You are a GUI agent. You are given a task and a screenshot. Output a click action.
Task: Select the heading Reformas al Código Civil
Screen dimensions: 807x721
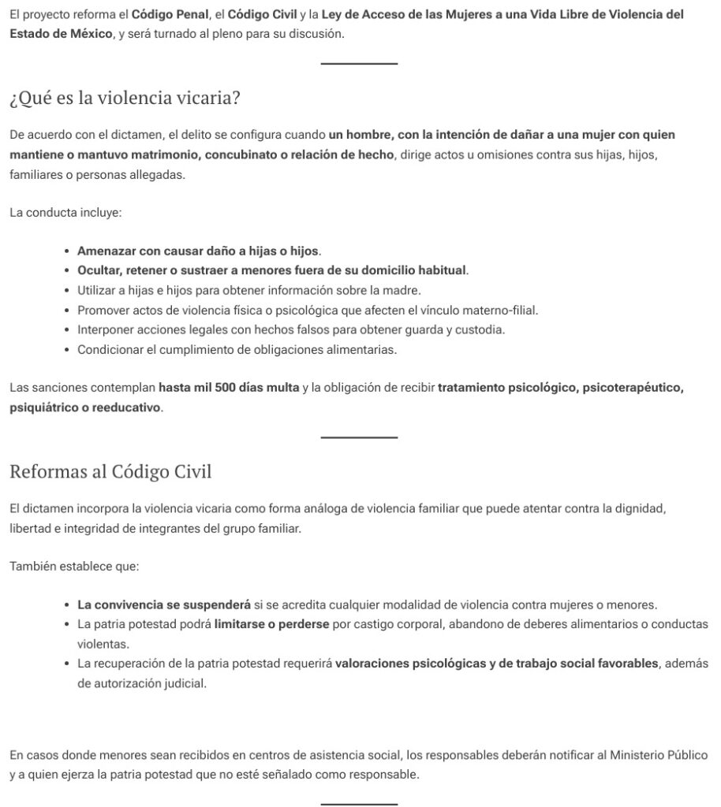(x=110, y=472)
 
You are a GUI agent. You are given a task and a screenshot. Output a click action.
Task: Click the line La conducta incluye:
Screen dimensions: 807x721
(x=65, y=213)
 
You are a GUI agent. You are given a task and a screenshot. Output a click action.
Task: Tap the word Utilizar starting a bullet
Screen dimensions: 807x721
(x=99, y=291)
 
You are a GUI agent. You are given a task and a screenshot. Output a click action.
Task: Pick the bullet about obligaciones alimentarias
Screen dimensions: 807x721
(x=237, y=350)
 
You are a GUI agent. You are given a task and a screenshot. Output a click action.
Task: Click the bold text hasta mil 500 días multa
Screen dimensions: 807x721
(x=229, y=388)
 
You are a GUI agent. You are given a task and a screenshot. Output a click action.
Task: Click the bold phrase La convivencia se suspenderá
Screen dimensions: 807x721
(x=164, y=605)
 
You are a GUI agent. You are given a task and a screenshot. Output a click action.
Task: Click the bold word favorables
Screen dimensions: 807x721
(x=615, y=664)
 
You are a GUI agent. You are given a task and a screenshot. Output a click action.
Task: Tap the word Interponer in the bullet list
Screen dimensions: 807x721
(x=105, y=330)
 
